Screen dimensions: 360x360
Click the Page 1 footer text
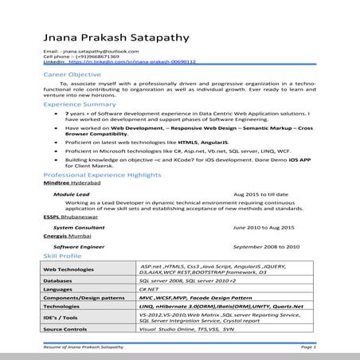pos(308,348)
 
